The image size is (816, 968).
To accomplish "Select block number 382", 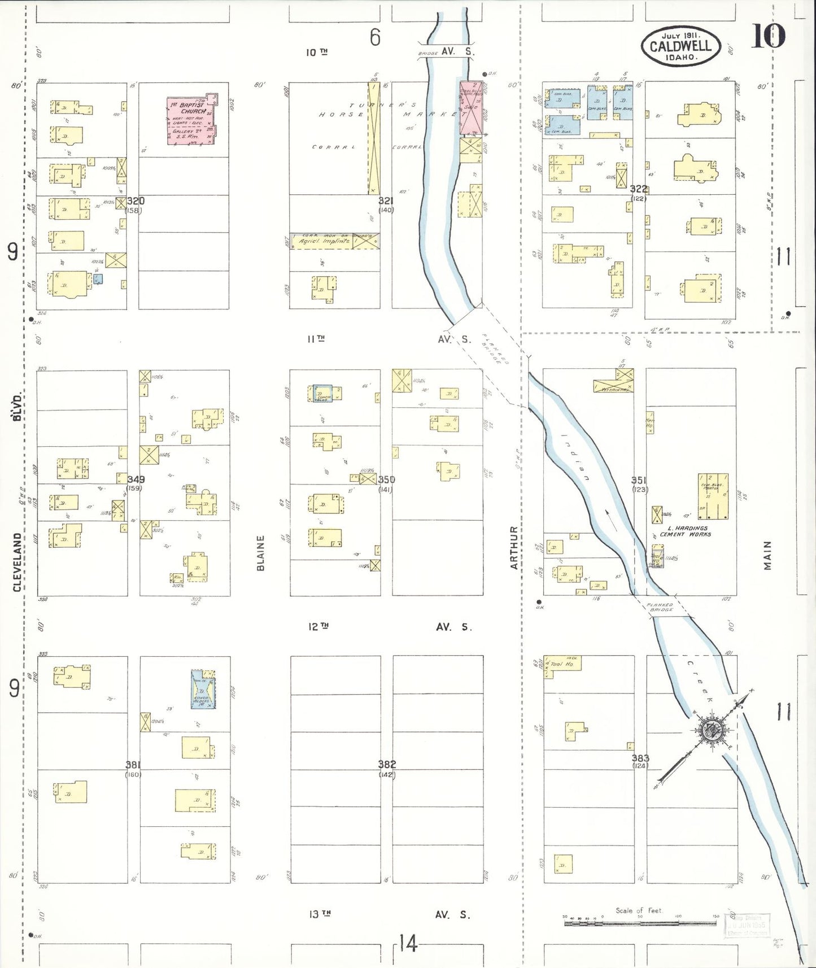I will tap(387, 764).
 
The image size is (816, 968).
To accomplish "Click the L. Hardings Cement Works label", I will tap(686, 531).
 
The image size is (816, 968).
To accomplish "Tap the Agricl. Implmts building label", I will tap(324, 241).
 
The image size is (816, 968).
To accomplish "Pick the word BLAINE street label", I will tap(261, 553).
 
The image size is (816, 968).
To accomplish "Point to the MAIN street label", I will tap(767, 555).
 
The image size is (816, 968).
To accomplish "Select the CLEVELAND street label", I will tap(18, 562).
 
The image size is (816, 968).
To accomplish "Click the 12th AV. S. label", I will tap(390, 626).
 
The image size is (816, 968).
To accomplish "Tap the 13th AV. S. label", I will tap(390, 914).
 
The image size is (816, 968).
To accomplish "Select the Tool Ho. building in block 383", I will tap(562, 664).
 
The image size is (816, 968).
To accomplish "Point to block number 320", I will tap(136, 201).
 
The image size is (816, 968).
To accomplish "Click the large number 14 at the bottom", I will tap(408, 943).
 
